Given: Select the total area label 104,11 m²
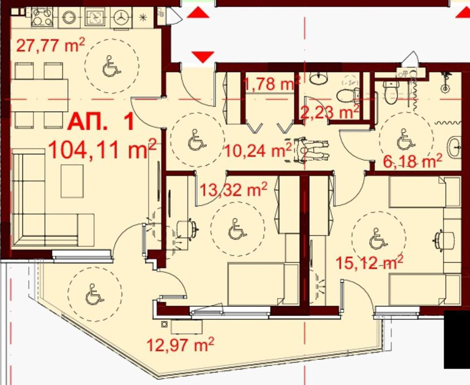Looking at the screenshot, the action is [102, 148].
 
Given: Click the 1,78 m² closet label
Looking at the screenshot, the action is [272, 83].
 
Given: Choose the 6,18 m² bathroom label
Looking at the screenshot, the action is [413, 161].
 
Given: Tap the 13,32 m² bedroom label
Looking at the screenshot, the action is [233, 189].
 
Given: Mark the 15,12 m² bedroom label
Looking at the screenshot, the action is [369, 263].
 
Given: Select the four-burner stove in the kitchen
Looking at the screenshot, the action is [42, 17].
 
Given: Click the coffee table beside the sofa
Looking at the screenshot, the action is [72, 181].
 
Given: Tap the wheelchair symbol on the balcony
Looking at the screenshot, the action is [95, 294].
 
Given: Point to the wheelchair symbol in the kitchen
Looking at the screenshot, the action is [112, 66].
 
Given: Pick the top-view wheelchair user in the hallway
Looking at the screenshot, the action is [306, 151].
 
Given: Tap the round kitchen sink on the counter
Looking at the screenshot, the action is [69, 17].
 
